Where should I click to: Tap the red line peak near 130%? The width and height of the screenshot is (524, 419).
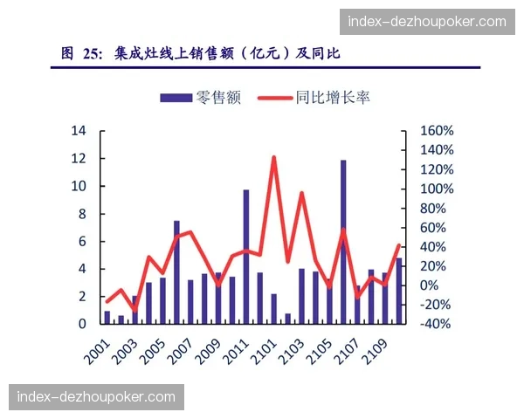(x=273, y=158)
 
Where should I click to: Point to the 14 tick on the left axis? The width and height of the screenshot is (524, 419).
(x=79, y=131)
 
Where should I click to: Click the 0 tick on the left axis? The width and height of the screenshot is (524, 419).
(x=82, y=324)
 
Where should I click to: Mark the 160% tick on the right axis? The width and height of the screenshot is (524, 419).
(x=436, y=131)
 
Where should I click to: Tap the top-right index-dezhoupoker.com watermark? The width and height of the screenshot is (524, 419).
(x=427, y=21)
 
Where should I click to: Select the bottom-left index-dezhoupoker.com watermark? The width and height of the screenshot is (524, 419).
(x=96, y=397)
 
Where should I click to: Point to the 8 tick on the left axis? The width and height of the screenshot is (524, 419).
(x=82, y=214)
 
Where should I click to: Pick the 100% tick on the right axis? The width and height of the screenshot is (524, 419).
(x=436, y=189)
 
